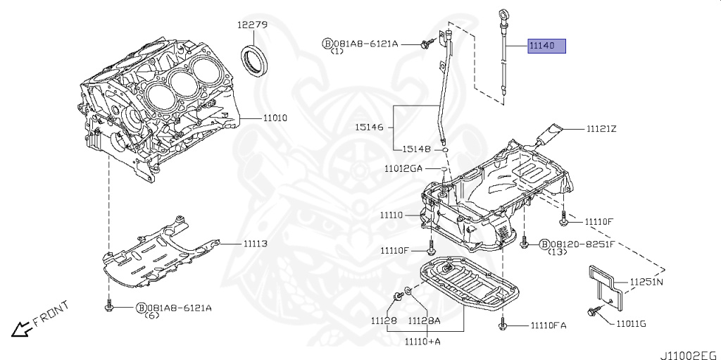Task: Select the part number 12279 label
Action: [251, 25]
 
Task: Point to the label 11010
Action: [275, 118]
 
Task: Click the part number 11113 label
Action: [256, 244]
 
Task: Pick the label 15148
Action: [417, 149]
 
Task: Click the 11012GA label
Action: [403, 168]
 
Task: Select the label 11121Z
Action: [601, 129]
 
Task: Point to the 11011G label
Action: [631, 323]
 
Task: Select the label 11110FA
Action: [544, 325]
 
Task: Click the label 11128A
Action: [425, 321]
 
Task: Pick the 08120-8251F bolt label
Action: [582, 244]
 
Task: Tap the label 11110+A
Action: [422, 341]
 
